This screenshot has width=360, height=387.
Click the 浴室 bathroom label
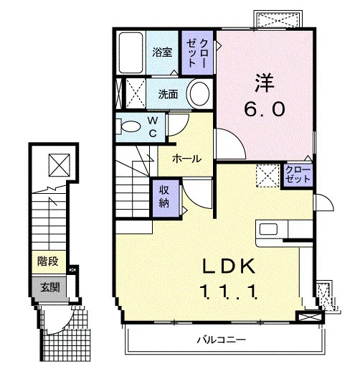click(x=162, y=52)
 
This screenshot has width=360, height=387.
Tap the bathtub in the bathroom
click(x=131, y=53)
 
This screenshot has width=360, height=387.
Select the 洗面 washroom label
click(x=168, y=94)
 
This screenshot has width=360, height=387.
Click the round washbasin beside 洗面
click(x=198, y=94)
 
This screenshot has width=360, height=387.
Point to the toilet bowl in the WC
click(x=131, y=126)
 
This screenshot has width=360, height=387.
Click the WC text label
click(x=153, y=127)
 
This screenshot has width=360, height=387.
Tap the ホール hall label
click(x=186, y=159)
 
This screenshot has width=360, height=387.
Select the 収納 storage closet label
click(x=164, y=197)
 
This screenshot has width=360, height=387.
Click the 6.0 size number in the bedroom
click(x=265, y=109)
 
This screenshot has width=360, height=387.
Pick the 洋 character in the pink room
click(x=265, y=83)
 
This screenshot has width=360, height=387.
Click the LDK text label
click(x=229, y=266)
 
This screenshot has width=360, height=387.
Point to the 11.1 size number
click(x=229, y=292)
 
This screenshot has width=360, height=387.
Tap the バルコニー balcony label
click(x=221, y=340)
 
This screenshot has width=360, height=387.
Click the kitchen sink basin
click(x=268, y=230)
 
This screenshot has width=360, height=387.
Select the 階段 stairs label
click(x=47, y=261)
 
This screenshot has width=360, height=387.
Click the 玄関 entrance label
click(x=49, y=287)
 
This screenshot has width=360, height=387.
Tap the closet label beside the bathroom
click(x=197, y=53)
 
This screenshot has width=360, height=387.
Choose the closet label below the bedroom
click(x=298, y=174)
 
